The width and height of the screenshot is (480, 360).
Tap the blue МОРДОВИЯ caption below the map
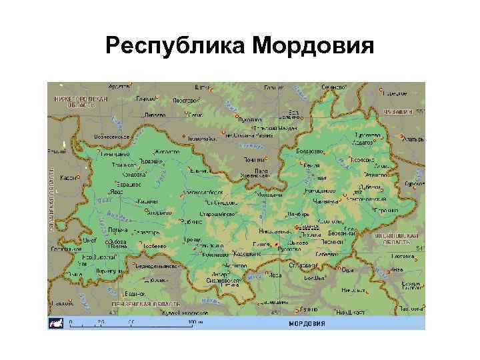click(x=307, y=324)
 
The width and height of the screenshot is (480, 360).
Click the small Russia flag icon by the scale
click(x=55, y=324)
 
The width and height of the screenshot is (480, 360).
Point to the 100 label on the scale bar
click(x=192, y=321)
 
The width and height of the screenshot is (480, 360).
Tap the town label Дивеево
click(x=155, y=113)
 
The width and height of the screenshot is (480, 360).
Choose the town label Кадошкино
click(x=247, y=254)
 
